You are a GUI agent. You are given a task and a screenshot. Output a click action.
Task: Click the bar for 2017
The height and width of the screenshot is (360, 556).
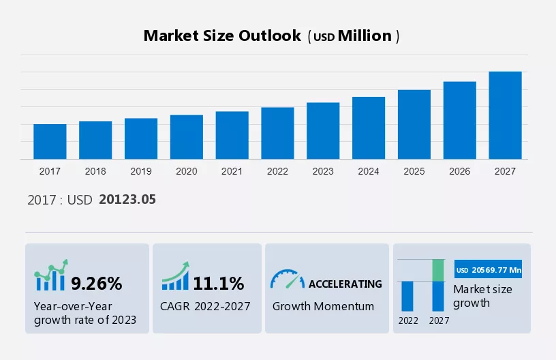[50, 142]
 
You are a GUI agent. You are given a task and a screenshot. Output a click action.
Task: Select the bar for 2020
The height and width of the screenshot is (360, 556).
[187, 137]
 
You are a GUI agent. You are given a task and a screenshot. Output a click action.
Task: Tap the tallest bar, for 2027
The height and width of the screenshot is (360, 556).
[505, 115]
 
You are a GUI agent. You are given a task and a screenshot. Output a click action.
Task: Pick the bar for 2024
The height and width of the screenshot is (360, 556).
[369, 128]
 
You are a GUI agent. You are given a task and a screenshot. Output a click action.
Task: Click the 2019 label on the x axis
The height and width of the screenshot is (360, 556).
[141, 171]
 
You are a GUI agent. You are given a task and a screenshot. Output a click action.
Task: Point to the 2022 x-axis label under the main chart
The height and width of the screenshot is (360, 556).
[277, 171]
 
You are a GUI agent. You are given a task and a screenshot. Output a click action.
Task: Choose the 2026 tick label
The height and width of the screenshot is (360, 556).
[460, 171]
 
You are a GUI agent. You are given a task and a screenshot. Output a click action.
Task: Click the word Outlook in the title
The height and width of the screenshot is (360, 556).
[266, 36]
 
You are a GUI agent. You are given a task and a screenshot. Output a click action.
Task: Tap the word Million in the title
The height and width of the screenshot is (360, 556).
[365, 36]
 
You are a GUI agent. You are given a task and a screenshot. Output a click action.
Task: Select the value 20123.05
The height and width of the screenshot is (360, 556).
[127, 199]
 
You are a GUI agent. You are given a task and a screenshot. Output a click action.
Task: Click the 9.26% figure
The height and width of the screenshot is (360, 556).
[97, 283]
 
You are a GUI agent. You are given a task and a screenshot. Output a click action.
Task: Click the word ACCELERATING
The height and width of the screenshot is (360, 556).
[345, 284]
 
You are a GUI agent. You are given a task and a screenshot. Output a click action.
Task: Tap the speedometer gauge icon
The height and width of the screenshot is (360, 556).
[287, 280]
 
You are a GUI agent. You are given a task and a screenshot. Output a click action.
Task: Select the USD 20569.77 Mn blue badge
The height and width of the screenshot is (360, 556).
[488, 270]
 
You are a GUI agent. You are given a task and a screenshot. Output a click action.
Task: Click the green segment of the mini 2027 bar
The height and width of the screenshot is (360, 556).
[439, 270]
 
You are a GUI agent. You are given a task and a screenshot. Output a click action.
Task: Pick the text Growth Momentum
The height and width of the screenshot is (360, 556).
[323, 306]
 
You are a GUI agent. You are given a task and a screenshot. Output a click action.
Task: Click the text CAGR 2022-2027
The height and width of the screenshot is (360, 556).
[205, 306]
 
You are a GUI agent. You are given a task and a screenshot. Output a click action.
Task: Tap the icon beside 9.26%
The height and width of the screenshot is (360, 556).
[51, 276]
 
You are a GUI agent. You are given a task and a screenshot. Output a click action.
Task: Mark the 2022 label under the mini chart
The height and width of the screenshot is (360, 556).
[408, 320]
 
